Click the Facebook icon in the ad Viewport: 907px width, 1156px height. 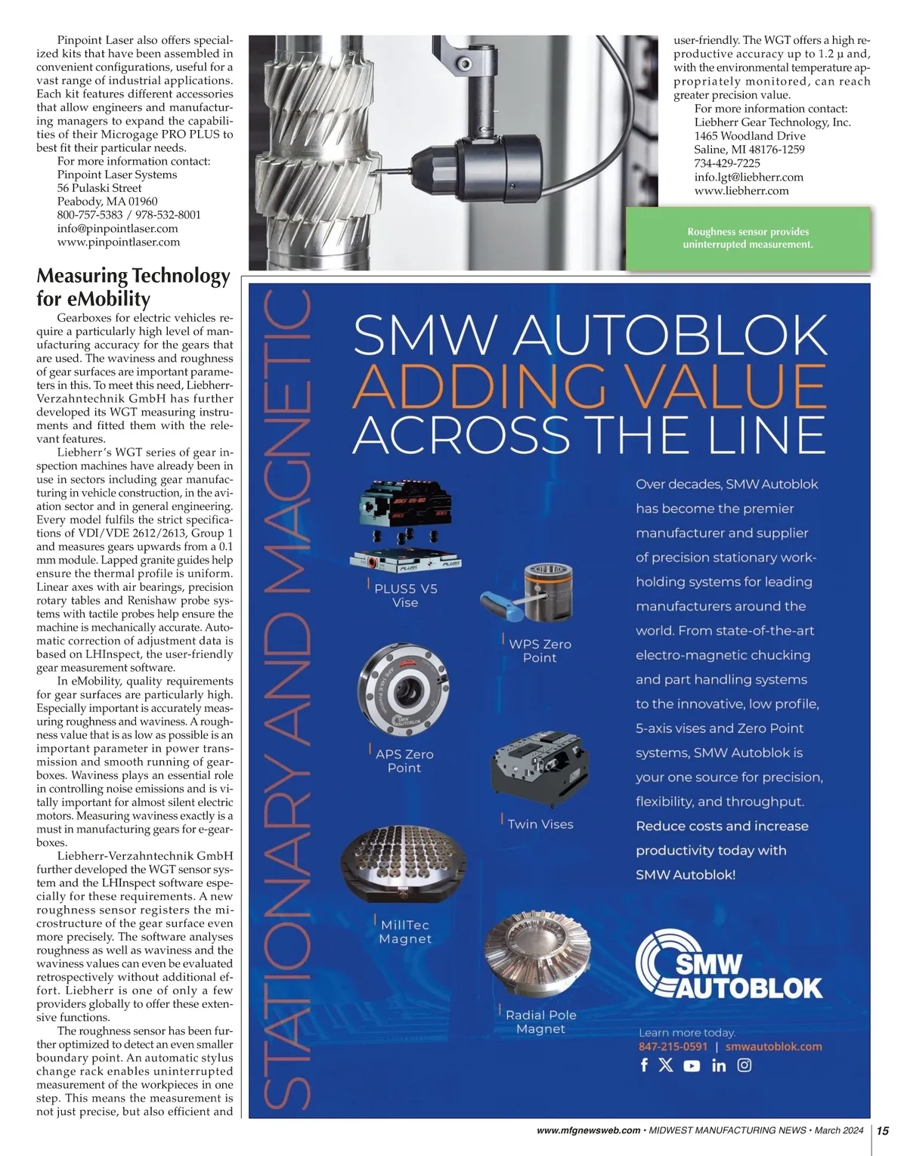(644, 1065)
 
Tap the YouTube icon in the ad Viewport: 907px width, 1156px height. (692, 1066)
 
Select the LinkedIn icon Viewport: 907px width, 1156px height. (719, 1065)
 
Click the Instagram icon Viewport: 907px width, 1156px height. (744, 1065)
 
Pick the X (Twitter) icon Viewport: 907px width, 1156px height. (666, 1065)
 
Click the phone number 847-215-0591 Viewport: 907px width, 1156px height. (673, 1046)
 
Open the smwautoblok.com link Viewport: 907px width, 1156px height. (773, 1046)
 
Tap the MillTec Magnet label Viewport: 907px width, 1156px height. (405, 932)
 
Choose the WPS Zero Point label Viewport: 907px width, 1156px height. (540, 651)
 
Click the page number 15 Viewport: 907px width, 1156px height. (883, 1130)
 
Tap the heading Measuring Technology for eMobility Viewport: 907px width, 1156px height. (133, 286)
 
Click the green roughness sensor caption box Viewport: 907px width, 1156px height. (748, 238)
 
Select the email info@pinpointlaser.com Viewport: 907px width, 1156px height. (118, 228)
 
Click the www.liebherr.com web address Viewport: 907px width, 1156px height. (741, 190)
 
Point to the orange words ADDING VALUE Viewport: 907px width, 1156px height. (590, 385)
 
